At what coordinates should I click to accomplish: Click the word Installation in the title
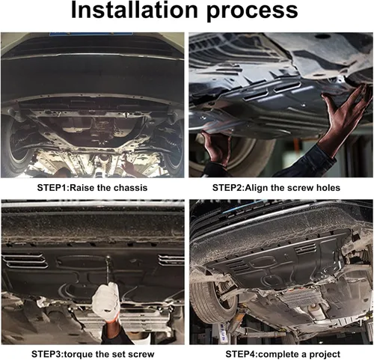135,10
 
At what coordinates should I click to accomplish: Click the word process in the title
252,12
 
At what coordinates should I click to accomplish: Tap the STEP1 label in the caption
52,188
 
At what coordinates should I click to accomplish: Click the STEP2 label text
227,188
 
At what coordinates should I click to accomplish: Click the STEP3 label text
47,354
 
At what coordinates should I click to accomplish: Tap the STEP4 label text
241,354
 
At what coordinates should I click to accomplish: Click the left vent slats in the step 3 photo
25,261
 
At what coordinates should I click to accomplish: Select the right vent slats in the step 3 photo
171,260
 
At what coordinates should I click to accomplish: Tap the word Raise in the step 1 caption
82,188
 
